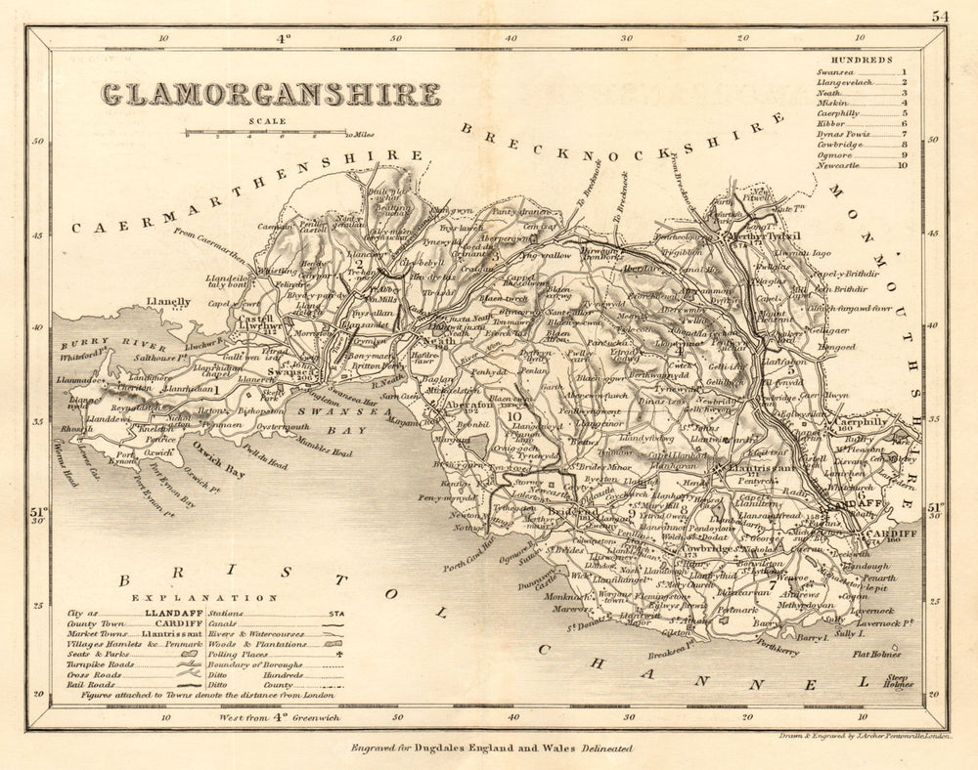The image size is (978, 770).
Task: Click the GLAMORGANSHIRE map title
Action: pos(271,94)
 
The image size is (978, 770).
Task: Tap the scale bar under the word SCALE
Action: pos(266,133)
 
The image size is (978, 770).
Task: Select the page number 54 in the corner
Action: pos(940,16)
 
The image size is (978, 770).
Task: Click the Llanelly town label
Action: pos(168,302)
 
